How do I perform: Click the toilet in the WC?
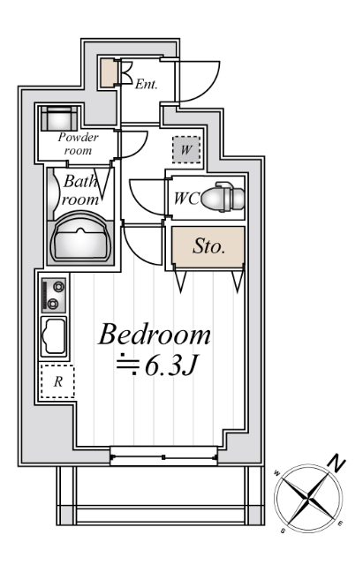click(x=223, y=197)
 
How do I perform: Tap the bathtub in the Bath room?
click(x=81, y=237)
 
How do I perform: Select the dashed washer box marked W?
click(x=186, y=149)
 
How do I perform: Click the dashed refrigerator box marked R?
click(x=57, y=381)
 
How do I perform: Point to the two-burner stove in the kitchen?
click(x=54, y=295)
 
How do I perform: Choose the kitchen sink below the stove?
click(x=54, y=336)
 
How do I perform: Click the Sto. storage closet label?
click(x=208, y=246)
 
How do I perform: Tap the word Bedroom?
click(x=155, y=335)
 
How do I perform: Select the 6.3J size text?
click(x=171, y=366)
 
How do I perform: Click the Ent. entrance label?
click(x=146, y=85)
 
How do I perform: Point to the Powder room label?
click(x=78, y=143)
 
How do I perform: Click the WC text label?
click(x=186, y=199)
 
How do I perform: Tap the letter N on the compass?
click(x=337, y=464)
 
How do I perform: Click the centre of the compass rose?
click(x=308, y=499)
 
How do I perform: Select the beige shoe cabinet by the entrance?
click(x=108, y=72)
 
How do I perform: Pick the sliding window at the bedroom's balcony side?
click(x=164, y=457)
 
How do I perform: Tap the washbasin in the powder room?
click(x=59, y=117)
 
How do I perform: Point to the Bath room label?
click(x=79, y=190)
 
